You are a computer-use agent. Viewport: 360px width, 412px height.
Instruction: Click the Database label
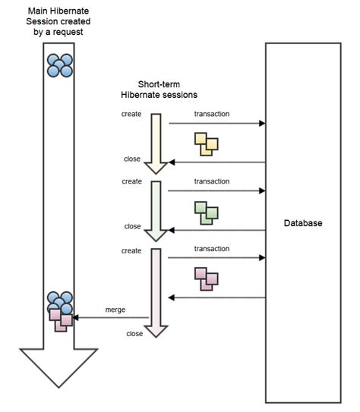[303, 223]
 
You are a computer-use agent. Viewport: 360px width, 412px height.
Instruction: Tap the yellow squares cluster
[206, 143]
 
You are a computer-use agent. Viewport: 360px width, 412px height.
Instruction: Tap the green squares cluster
[206, 212]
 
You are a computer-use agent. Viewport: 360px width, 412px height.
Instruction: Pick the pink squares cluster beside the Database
[206, 278]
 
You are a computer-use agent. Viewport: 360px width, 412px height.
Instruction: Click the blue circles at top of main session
[60, 65]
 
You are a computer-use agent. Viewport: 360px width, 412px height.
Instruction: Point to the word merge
[115, 310]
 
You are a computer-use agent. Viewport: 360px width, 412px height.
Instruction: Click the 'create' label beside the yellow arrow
[132, 114]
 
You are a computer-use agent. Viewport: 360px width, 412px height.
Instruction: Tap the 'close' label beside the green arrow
[132, 226]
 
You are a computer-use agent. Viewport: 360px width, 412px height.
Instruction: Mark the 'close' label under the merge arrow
[134, 333]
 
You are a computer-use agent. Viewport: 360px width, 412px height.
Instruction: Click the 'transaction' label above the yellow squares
[211, 114]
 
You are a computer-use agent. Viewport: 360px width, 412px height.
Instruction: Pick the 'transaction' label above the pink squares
[211, 249]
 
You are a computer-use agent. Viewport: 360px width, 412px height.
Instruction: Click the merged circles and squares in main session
[60, 311]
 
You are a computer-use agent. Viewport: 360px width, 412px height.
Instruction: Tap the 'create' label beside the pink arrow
[132, 249]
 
